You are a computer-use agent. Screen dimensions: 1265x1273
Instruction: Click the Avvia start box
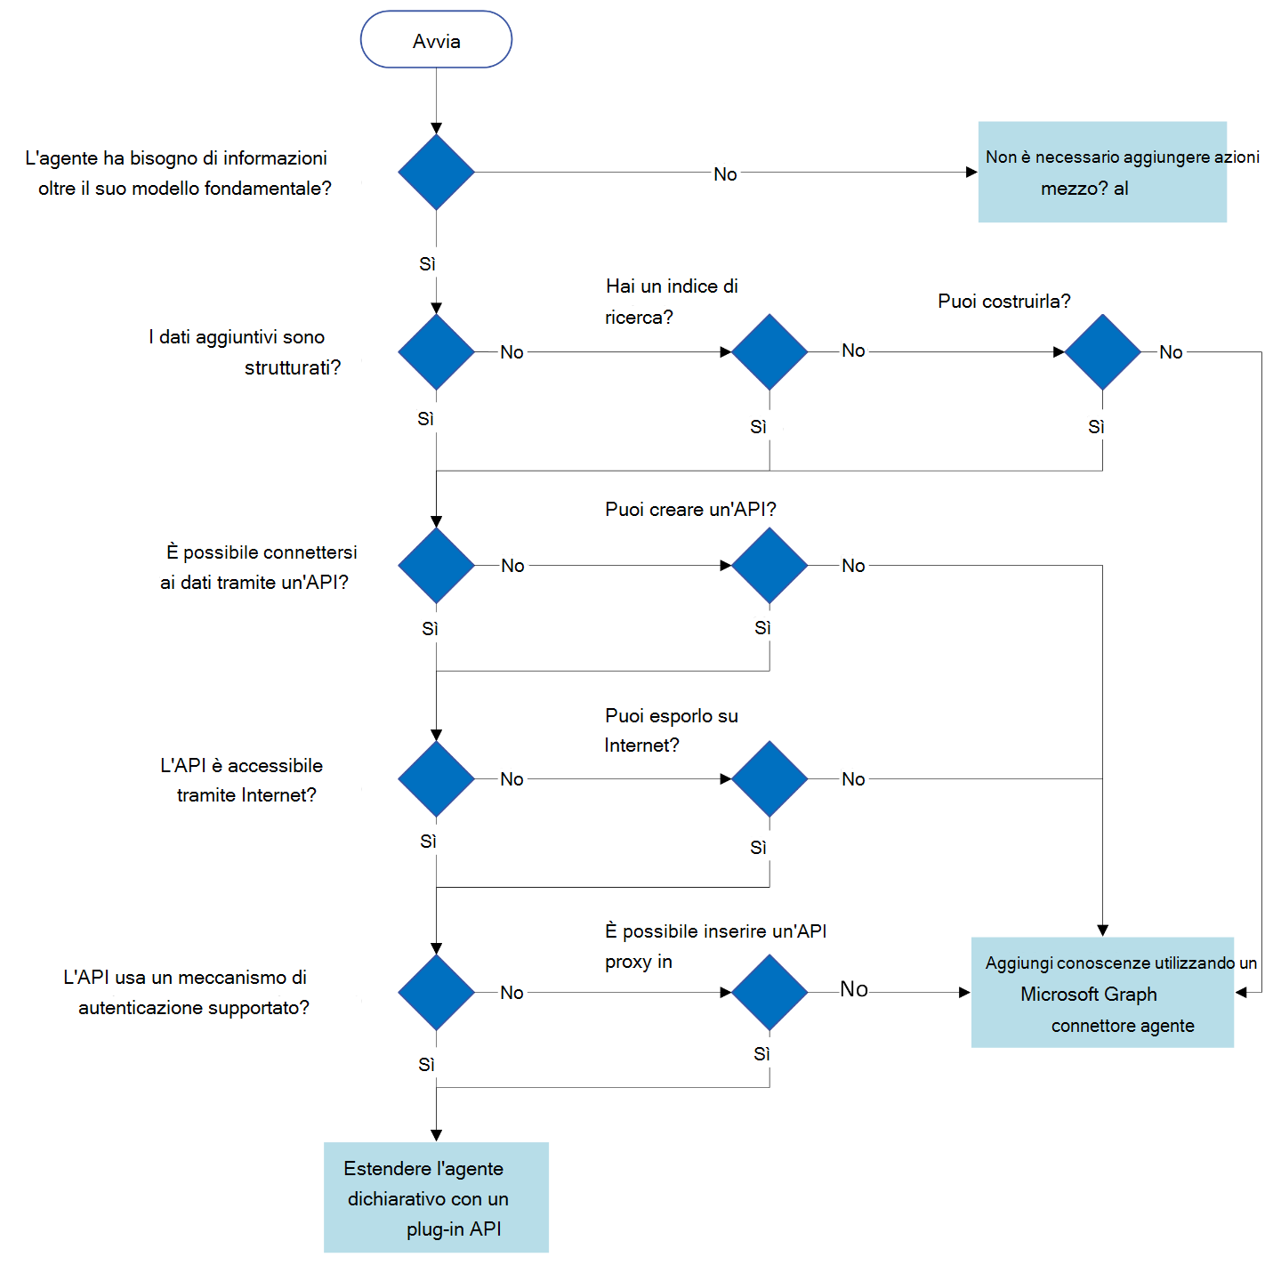click(x=436, y=40)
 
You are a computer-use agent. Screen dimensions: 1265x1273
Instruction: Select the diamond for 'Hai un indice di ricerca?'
click(x=769, y=351)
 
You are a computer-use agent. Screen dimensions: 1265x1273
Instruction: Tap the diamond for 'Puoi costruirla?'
click(x=1102, y=351)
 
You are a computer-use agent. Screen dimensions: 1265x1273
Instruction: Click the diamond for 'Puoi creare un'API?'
click(x=769, y=565)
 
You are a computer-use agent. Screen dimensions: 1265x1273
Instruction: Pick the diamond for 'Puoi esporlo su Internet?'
click(x=769, y=778)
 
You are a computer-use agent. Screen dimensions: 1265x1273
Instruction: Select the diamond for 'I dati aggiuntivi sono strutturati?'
click(x=436, y=351)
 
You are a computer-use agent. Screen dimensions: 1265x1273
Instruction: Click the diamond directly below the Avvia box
click(x=436, y=173)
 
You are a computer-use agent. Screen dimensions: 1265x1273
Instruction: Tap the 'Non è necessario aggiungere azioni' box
click(x=1102, y=172)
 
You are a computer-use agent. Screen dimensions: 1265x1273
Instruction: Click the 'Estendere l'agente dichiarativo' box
click(x=436, y=1197)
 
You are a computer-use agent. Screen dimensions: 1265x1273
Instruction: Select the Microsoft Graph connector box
click(x=1102, y=992)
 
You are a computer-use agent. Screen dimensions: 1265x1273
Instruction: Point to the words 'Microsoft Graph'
click(x=1088, y=994)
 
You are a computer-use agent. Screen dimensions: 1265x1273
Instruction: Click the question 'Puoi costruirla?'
click(x=1003, y=302)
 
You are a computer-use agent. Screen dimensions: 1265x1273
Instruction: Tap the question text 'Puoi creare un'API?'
click(x=690, y=509)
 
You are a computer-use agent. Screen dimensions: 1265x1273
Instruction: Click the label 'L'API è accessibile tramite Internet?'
click(x=242, y=780)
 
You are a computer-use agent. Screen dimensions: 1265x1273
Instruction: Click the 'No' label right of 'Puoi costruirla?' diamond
click(x=1171, y=352)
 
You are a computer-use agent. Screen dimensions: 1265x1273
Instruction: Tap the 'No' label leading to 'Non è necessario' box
click(x=725, y=174)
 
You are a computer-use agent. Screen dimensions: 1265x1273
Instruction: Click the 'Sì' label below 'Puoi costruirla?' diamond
click(x=1096, y=427)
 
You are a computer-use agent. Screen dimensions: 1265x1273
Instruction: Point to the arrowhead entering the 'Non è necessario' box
click(x=971, y=173)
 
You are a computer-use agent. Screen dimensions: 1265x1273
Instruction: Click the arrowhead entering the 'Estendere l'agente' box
click(x=436, y=1135)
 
